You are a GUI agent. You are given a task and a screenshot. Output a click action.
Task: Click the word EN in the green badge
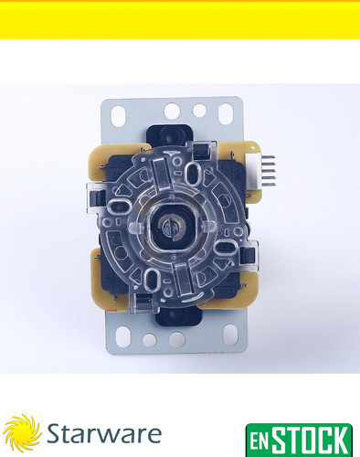pyautogui.click(x=262, y=438)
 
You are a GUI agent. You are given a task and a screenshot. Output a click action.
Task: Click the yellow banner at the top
pyautogui.click(x=180, y=20)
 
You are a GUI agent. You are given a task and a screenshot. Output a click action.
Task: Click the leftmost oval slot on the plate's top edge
pyautogui.click(x=118, y=114)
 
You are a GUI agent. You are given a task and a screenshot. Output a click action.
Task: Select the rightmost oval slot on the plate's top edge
pyautogui.click(x=226, y=113)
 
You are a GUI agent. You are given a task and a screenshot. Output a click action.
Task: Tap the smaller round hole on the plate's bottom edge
pyautogui.click(x=148, y=340)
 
